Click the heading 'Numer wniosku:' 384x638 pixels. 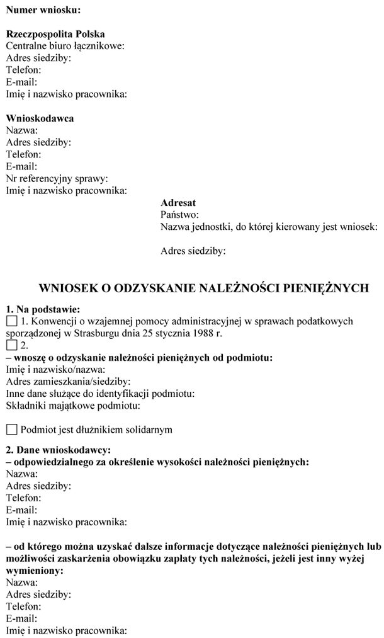pyautogui.click(x=43, y=10)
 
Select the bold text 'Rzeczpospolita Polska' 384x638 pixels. pyautogui.click(x=55, y=34)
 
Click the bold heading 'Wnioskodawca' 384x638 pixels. pyautogui.click(x=40, y=118)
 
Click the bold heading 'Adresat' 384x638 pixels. pyautogui.click(x=178, y=203)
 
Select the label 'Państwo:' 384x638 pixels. pyautogui.click(x=180, y=215)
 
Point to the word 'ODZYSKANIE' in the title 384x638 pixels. pyautogui.click(x=147, y=288)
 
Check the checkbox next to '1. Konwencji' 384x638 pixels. pyautogui.click(x=11, y=322)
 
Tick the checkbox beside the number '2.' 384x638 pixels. pyautogui.click(x=11, y=345)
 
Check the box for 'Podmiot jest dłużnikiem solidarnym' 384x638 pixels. pyautogui.click(x=11, y=430)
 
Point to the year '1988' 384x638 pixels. pyautogui.click(x=196, y=333)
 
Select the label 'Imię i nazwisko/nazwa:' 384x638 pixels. pyautogui.click(x=55, y=370)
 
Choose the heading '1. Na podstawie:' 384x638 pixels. pyautogui.click(x=43, y=309)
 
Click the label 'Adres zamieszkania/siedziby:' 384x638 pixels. pyautogui.click(x=68, y=382)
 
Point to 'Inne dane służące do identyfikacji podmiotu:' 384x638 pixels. pyautogui.click(x=99, y=394)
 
